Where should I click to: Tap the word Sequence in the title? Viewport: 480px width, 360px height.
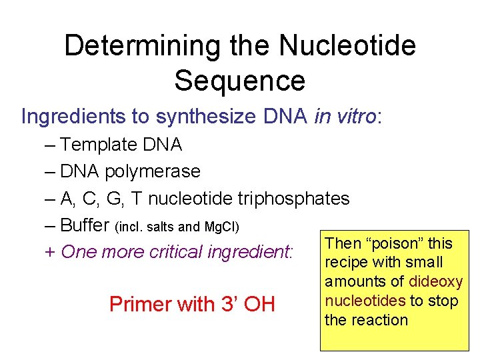pos(240,81)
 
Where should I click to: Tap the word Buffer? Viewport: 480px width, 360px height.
pos(86,225)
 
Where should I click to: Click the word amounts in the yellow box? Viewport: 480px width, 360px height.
pos(351,282)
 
